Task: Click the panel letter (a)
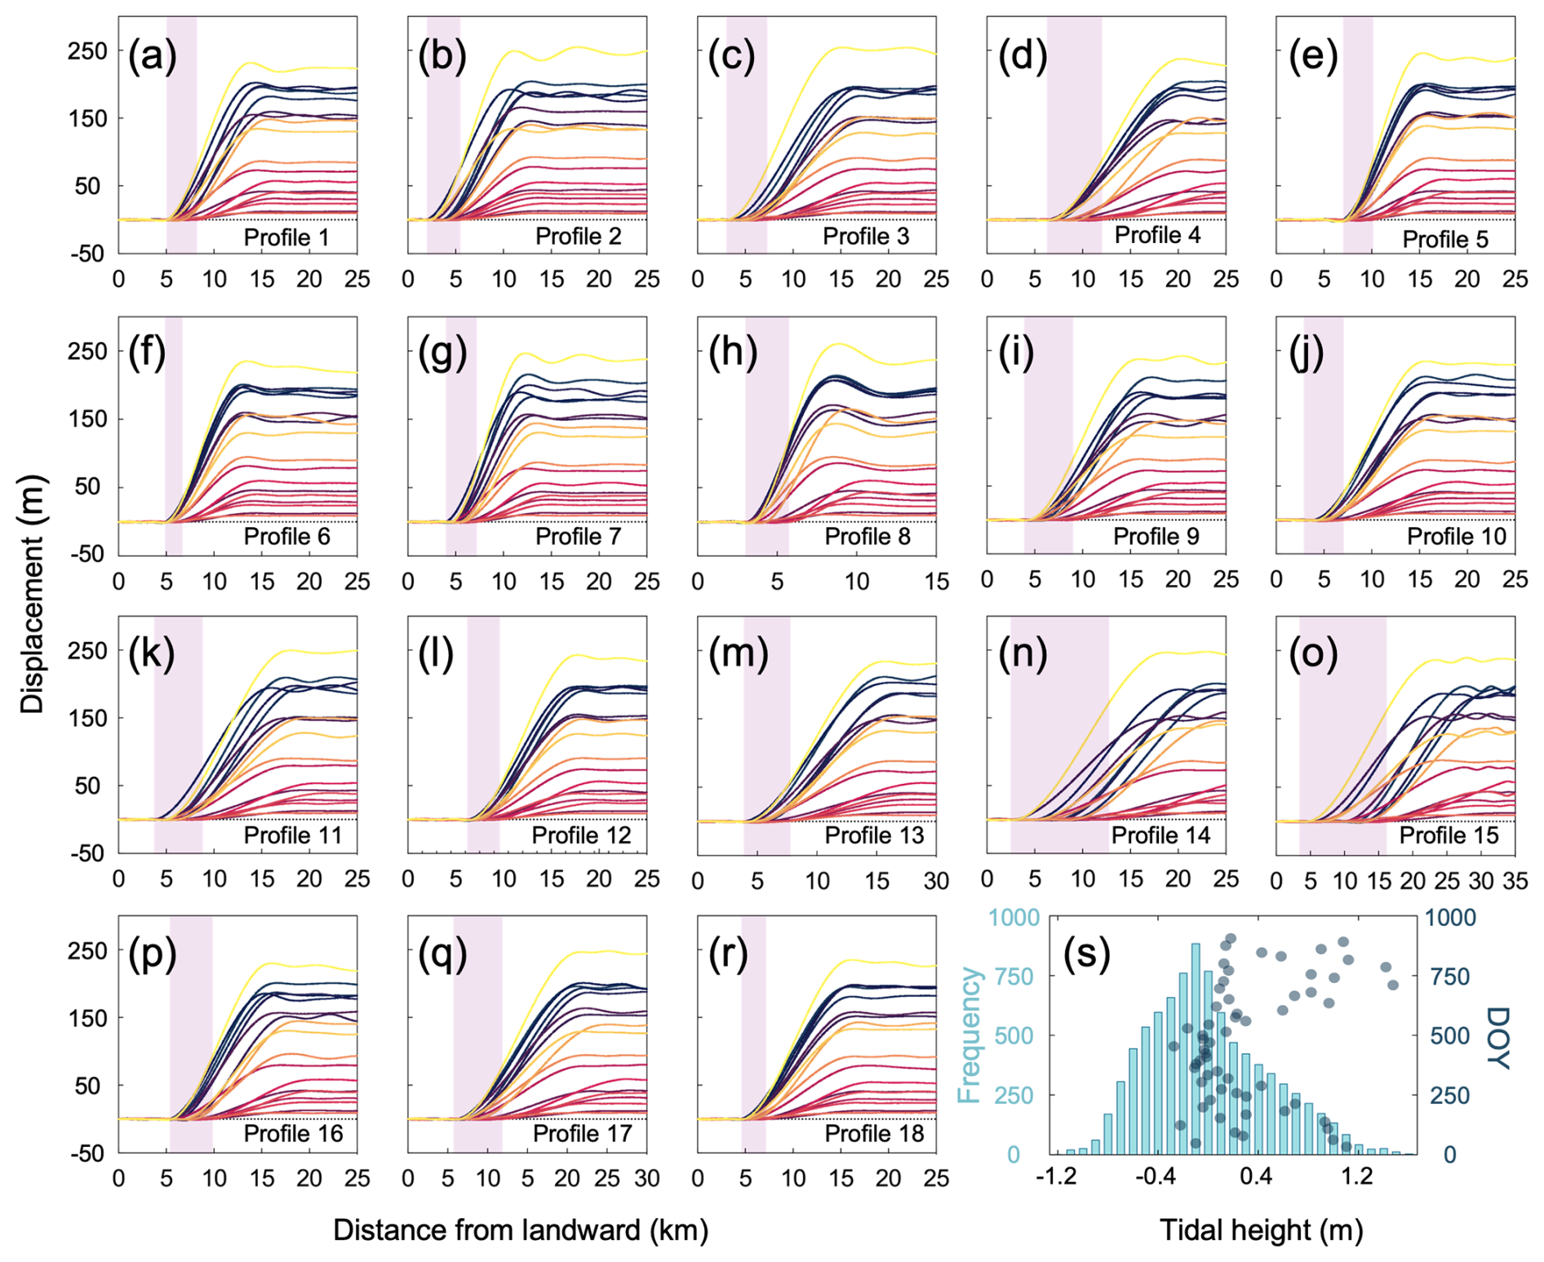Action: pos(152,57)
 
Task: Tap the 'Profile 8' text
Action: pos(867,536)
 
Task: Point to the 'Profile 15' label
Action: pos(1449,835)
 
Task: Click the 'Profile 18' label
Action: pos(873,1134)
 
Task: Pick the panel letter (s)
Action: pos(1086,953)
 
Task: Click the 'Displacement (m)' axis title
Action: pos(33,594)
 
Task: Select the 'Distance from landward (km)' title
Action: pos(520,1230)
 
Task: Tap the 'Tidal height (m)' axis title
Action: pos(1261,1230)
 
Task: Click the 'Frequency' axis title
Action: pos(969,1034)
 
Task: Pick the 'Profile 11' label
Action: pos(293,835)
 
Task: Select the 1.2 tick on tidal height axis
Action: pos(1357,1178)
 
